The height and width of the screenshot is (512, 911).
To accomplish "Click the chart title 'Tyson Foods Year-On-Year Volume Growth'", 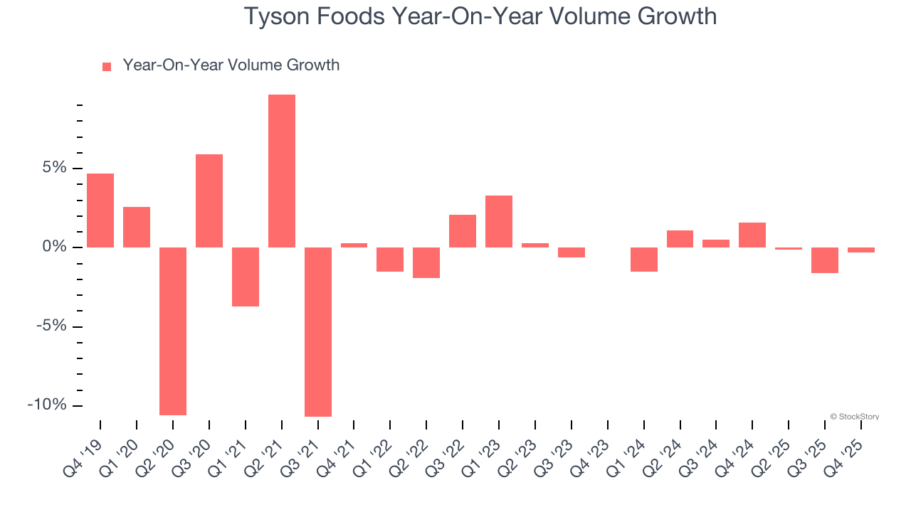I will tap(480, 16).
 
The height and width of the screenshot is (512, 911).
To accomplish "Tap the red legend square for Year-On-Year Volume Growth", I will tap(107, 66).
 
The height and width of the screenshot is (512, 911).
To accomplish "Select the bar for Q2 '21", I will tap(282, 171).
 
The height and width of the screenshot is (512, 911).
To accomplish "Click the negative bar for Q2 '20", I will tap(173, 331).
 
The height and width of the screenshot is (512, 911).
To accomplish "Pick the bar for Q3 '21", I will tap(318, 331).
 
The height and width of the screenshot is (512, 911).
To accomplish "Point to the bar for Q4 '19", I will tap(100, 210).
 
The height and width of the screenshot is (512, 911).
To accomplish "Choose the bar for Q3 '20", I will tap(209, 201).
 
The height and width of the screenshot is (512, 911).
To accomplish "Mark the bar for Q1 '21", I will tap(246, 277).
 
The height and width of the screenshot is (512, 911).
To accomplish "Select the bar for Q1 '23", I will tap(499, 221).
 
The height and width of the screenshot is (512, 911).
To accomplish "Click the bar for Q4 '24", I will tap(752, 235).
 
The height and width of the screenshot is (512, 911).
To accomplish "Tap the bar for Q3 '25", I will tap(825, 260).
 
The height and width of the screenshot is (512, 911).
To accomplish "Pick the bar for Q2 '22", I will tap(426, 262).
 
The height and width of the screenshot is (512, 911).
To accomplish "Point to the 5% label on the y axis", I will tap(55, 168).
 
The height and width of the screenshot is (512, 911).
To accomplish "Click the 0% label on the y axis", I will tap(55, 247).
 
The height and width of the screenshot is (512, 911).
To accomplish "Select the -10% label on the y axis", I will tap(47, 405).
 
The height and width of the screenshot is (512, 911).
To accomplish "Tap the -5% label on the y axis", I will tap(51, 326).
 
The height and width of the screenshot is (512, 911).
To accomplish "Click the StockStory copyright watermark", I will tap(855, 417).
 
